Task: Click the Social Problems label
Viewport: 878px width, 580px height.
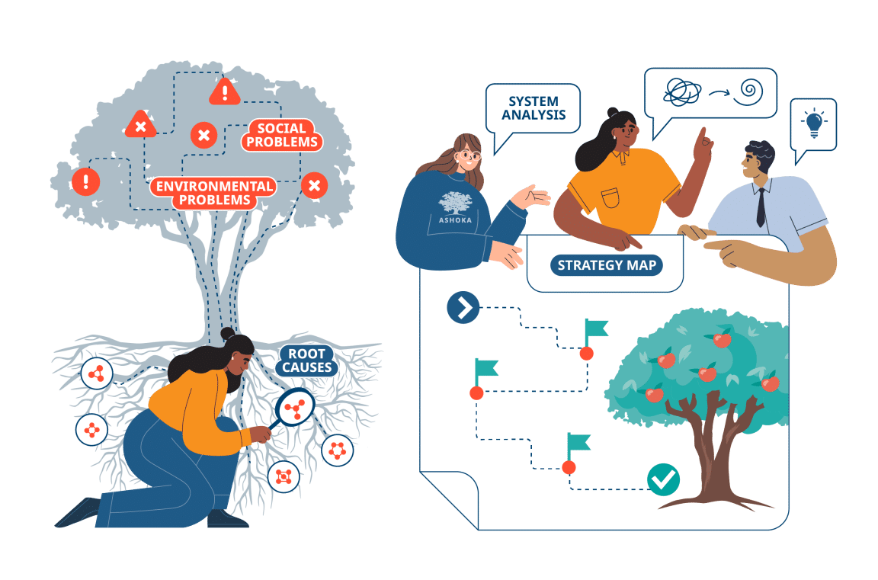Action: (x=282, y=135)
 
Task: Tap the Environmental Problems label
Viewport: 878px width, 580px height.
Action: (x=212, y=193)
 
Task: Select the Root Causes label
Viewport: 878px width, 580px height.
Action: (x=307, y=360)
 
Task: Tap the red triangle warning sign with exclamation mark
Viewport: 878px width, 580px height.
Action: (x=224, y=91)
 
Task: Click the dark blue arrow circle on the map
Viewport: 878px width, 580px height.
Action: (x=463, y=307)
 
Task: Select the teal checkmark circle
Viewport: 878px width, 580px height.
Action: (x=663, y=479)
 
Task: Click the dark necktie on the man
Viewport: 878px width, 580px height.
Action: (x=761, y=207)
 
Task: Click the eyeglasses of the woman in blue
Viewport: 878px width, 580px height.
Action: (x=471, y=156)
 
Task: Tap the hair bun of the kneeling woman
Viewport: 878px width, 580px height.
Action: (x=227, y=333)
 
